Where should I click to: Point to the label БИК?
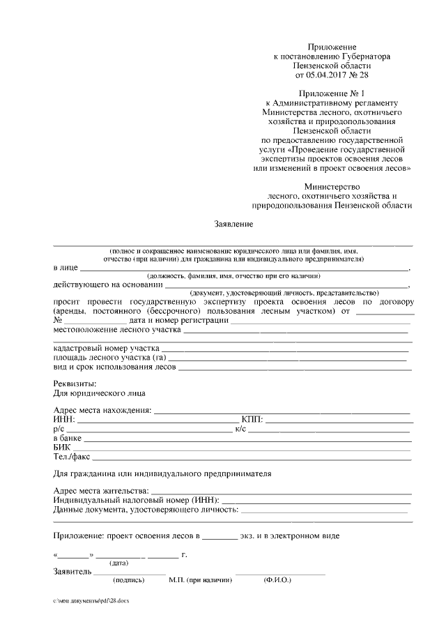tap(62, 447)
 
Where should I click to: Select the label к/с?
tap(242, 429)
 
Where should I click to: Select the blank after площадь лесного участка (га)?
tap(288, 357)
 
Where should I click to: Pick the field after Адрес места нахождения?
tap(282, 409)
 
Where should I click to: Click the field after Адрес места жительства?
tap(280, 490)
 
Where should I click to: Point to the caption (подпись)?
tap(128, 579)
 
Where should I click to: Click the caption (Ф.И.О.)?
tap(277, 579)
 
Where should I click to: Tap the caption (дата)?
tap(118, 563)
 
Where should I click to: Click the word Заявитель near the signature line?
tap(72, 572)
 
